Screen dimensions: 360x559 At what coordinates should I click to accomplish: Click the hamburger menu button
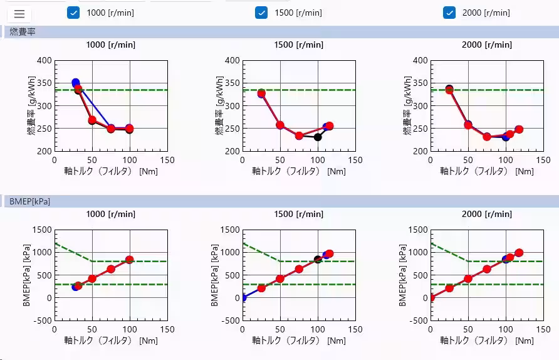pos(19,14)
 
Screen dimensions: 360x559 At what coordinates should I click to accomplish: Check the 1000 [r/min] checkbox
pos(73,13)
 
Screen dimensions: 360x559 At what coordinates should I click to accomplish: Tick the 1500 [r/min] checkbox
pos(261,13)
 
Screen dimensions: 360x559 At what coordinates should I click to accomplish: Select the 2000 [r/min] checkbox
pos(449,13)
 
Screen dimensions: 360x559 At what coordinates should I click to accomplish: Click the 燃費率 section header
pos(23,31)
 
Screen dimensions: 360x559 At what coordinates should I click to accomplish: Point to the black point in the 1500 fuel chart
pos(318,137)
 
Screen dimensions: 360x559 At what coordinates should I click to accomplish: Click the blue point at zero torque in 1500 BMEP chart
pos(243,297)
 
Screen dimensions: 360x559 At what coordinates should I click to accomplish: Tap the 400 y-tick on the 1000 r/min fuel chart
pos(44,61)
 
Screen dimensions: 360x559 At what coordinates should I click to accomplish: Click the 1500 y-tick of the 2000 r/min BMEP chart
pos(417,230)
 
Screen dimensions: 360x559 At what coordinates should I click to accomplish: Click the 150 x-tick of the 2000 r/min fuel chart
pos(543,160)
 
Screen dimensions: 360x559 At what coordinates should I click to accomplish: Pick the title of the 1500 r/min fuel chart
pos(298,45)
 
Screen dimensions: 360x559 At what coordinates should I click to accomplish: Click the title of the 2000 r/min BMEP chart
pos(486,214)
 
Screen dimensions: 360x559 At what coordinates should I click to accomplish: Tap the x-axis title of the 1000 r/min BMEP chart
pos(110,341)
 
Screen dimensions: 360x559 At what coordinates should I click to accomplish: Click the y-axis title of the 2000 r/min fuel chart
pos(408,105)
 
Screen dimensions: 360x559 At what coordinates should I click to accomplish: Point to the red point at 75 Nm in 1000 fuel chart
pos(111,129)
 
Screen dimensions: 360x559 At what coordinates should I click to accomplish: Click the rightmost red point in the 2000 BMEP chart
pos(518,253)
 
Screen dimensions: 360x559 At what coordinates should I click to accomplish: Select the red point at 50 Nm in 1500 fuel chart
pos(280,125)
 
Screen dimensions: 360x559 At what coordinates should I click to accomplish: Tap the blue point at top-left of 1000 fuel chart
pos(75,82)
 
